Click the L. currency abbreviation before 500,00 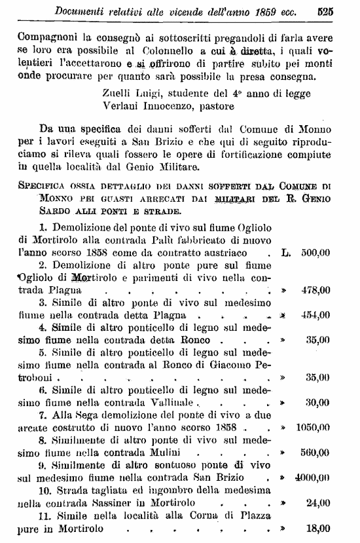coord(285,252)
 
